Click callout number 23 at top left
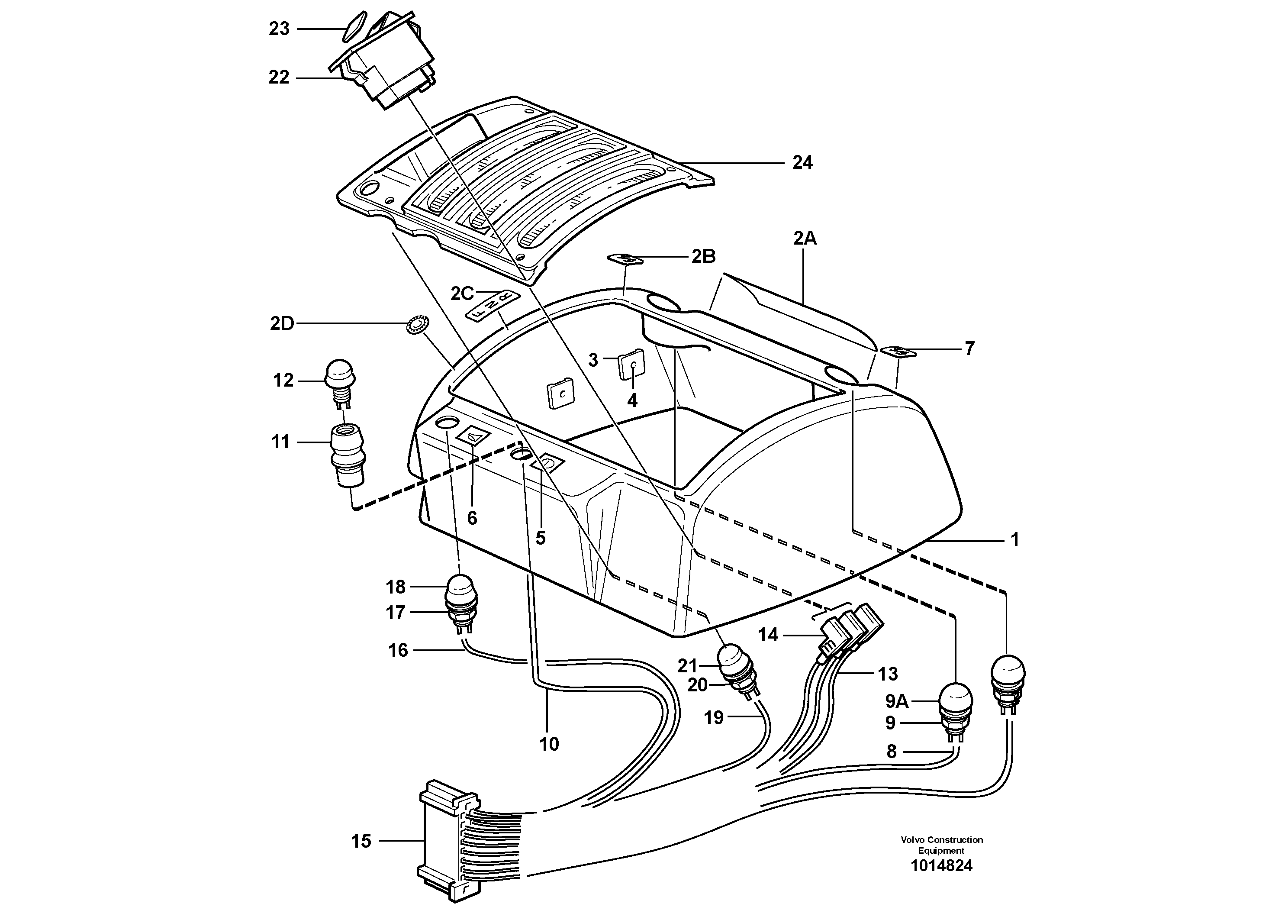[x=279, y=29]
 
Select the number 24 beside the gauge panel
[x=802, y=163]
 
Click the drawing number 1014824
[x=941, y=866]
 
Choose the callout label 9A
[x=896, y=701]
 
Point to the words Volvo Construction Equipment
[x=941, y=845]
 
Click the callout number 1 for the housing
[x=1014, y=540]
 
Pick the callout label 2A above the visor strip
[x=805, y=239]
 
